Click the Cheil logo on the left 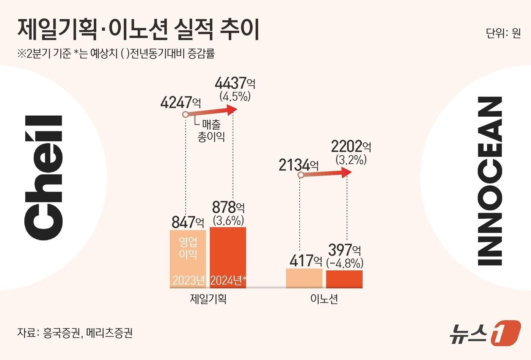coord(43,177)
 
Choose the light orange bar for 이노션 coord(304,278)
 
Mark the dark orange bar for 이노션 coord(344,279)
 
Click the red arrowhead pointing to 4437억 coord(232,110)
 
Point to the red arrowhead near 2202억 coord(347,173)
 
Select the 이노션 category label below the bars coord(324,299)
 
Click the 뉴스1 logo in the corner coord(485,333)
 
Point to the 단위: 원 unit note coord(503,33)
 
